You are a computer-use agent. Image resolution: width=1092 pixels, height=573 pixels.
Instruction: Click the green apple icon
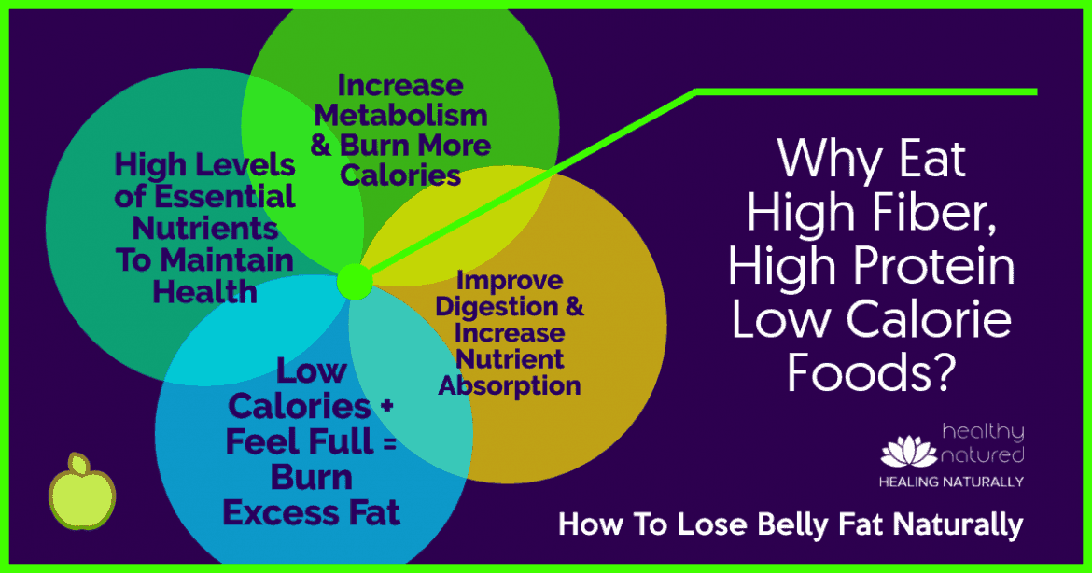click(82, 491)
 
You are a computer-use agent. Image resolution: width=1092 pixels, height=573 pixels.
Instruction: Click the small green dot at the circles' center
click(356, 282)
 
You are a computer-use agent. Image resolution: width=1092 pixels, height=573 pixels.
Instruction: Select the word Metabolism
click(400, 116)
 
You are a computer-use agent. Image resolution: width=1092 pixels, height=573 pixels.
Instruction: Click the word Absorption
click(509, 385)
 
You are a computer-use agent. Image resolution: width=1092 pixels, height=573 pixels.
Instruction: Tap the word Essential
click(224, 197)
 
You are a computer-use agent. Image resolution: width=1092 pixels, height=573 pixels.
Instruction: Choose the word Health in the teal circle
click(204, 292)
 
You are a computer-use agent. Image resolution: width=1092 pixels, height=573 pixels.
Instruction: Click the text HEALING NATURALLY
click(951, 482)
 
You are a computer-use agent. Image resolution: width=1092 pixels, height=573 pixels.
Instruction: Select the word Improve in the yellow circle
click(509, 281)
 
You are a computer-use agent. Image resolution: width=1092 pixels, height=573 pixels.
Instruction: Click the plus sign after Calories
click(387, 406)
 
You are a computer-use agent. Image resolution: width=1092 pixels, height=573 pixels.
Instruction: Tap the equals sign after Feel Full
click(389, 442)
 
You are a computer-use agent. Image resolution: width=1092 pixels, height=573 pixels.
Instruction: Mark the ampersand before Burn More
click(321, 146)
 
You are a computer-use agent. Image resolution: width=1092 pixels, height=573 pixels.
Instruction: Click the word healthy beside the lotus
click(983, 433)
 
